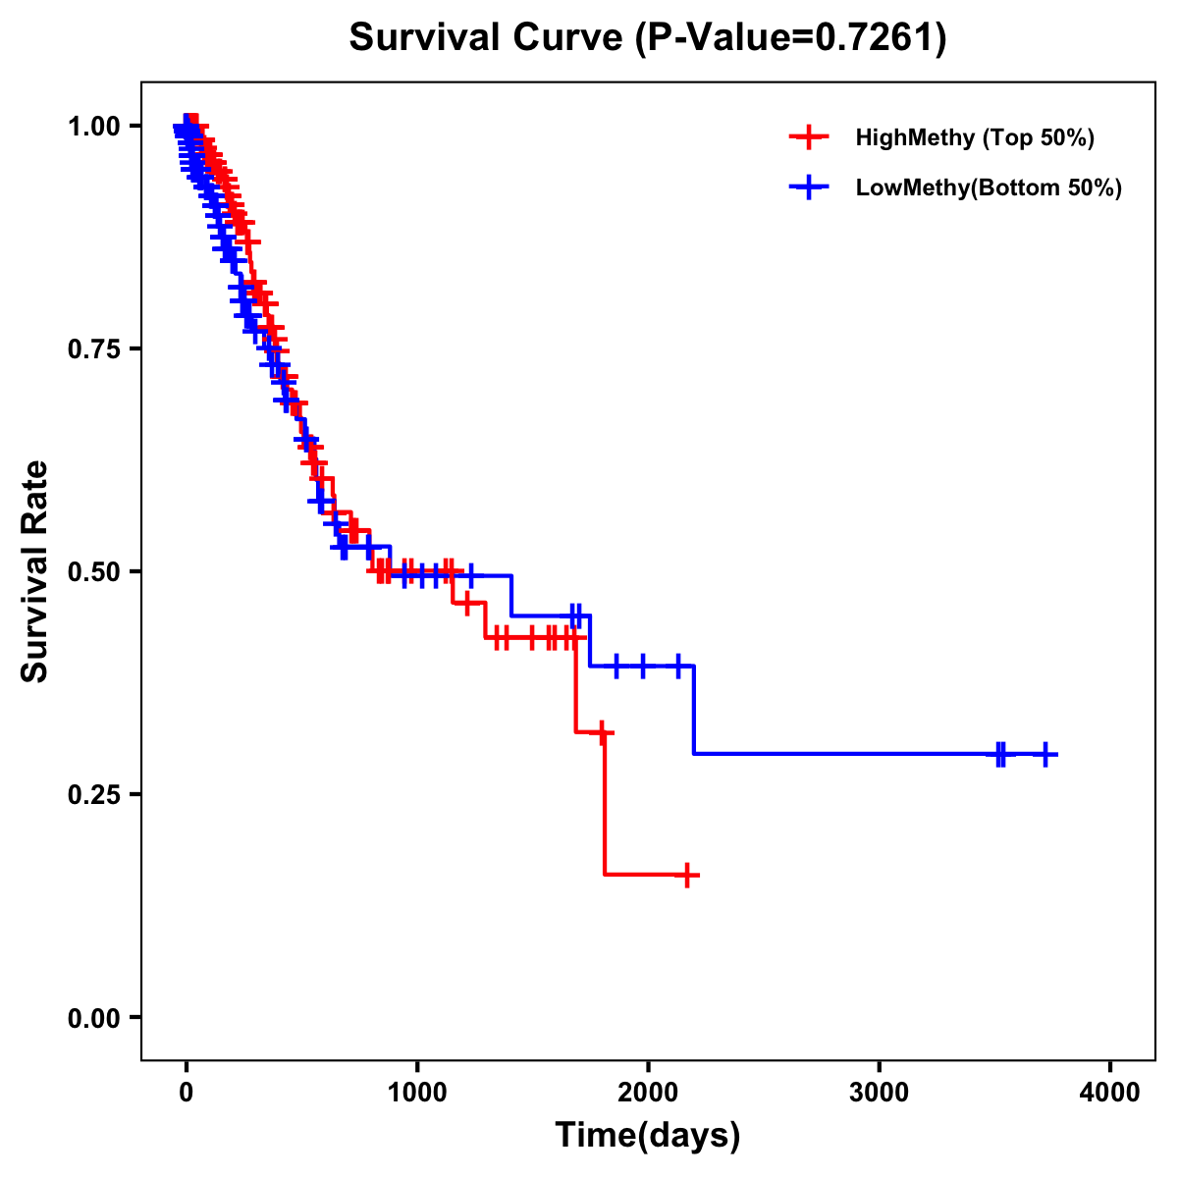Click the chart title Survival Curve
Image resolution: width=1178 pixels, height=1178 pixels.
(x=486, y=38)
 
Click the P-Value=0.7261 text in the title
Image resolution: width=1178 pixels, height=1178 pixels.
(x=790, y=38)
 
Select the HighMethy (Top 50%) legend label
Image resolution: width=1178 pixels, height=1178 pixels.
(x=974, y=137)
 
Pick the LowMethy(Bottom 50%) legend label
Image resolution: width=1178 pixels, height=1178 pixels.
(x=989, y=187)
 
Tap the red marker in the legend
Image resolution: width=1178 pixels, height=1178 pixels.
(x=807, y=137)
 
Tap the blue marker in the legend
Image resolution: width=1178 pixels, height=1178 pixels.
(x=807, y=187)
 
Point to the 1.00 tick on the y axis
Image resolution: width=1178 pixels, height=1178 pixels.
(x=92, y=127)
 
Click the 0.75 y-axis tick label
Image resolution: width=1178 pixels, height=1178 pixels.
(x=92, y=349)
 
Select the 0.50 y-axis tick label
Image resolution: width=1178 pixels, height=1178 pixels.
(x=92, y=572)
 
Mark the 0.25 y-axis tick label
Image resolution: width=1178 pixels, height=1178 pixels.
(x=92, y=795)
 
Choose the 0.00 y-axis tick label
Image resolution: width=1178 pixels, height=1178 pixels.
(x=92, y=1018)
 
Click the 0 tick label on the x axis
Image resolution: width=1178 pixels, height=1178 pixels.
(x=187, y=1092)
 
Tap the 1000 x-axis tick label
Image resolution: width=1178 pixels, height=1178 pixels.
(x=417, y=1092)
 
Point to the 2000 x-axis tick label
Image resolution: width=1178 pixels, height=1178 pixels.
(x=648, y=1092)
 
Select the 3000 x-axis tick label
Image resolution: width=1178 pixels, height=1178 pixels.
(x=879, y=1092)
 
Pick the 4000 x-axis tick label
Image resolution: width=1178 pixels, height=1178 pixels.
(x=1110, y=1092)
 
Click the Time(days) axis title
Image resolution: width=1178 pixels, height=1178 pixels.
(x=648, y=1136)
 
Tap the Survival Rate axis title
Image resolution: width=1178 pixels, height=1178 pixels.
(x=35, y=571)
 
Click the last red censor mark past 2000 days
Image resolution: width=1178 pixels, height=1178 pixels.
(x=687, y=875)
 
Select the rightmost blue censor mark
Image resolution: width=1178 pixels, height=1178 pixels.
(x=1045, y=754)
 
